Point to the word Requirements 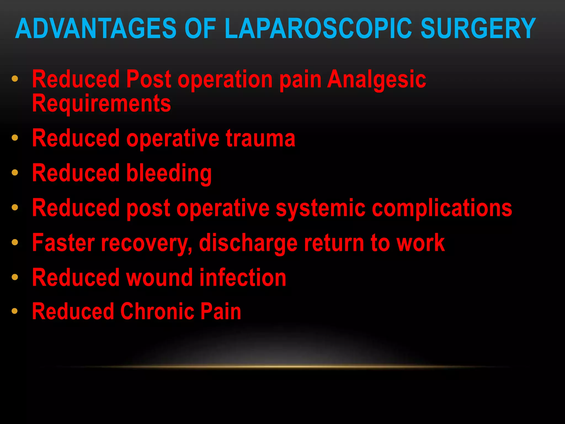pyautogui.click(x=102, y=104)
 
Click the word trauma pyautogui.click(x=260, y=139)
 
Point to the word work pyautogui.click(x=420, y=243)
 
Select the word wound pyautogui.click(x=159, y=278)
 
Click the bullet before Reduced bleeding pyautogui.click(x=15, y=173)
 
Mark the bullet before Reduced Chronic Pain pyautogui.click(x=15, y=311)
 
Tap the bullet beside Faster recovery pyautogui.click(x=15, y=242)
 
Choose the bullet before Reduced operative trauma pyautogui.click(x=15, y=138)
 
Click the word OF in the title pyautogui.click(x=200, y=28)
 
